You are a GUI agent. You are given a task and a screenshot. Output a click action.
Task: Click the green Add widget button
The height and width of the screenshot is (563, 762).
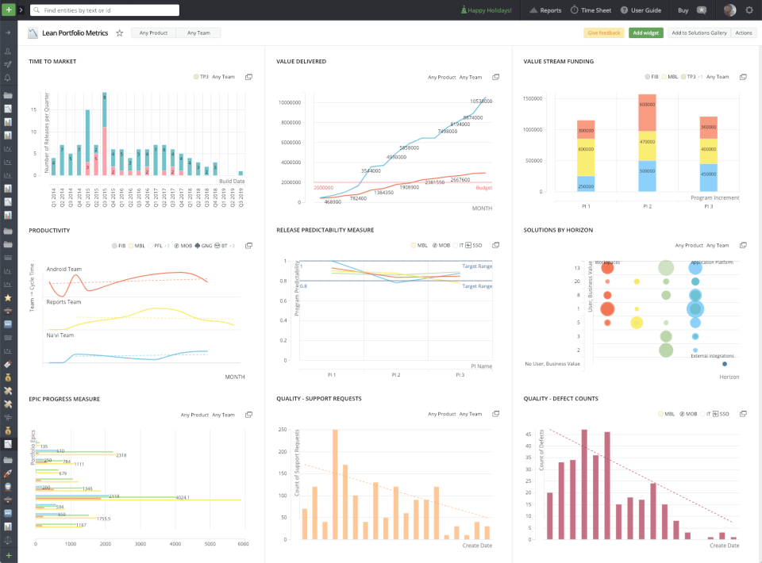(x=645, y=33)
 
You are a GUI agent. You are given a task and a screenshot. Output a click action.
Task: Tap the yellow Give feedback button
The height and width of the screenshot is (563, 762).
(x=603, y=33)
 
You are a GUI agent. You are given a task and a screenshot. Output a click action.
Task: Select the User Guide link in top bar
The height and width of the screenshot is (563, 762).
(x=641, y=10)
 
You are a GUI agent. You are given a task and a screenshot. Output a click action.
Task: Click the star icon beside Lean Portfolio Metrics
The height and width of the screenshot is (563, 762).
(x=120, y=33)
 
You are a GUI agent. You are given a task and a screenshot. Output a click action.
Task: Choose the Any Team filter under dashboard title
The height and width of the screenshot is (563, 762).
(x=198, y=33)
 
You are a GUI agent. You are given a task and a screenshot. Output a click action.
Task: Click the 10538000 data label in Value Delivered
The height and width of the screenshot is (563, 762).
(x=480, y=101)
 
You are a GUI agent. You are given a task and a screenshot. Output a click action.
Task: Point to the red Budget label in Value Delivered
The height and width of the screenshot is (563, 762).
(x=483, y=189)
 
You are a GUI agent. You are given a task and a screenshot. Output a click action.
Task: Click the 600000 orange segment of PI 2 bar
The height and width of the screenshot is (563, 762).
(x=647, y=105)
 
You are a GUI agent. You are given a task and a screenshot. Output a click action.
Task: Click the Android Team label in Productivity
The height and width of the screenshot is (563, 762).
(x=64, y=269)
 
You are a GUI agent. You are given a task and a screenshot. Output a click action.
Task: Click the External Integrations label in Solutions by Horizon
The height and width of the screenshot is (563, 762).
(x=712, y=356)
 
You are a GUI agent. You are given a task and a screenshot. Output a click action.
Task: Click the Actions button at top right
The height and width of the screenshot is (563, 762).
(x=744, y=33)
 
